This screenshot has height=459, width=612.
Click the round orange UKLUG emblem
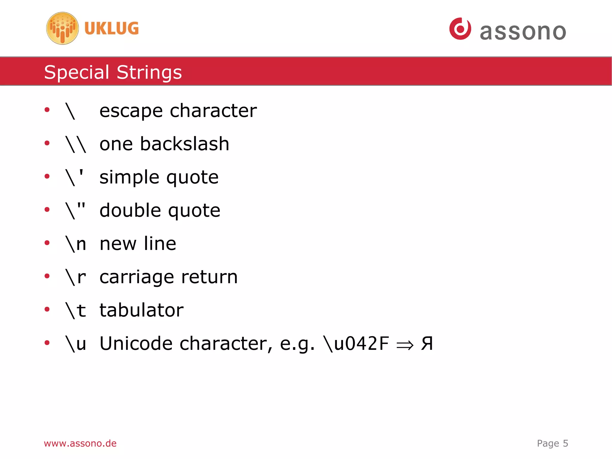tap(62, 28)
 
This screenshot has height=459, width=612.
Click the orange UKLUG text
tap(111, 28)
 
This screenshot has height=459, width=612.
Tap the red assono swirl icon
tap(460, 29)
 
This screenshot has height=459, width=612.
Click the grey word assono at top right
tap(523, 32)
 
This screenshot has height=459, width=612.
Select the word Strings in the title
tap(149, 72)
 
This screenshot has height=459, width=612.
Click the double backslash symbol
tap(76, 144)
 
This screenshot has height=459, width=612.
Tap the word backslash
tap(185, 144)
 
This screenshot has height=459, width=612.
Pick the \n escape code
tap(76, 244)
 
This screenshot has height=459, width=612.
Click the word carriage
tap(137, 277)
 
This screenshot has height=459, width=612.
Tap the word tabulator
tap(141, 310)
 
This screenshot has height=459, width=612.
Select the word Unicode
tap(136, 343)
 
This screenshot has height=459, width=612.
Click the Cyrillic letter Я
tap(427, 344)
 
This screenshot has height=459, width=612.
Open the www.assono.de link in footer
tap(80, 443)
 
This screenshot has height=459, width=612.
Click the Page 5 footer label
tap(552, 443)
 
